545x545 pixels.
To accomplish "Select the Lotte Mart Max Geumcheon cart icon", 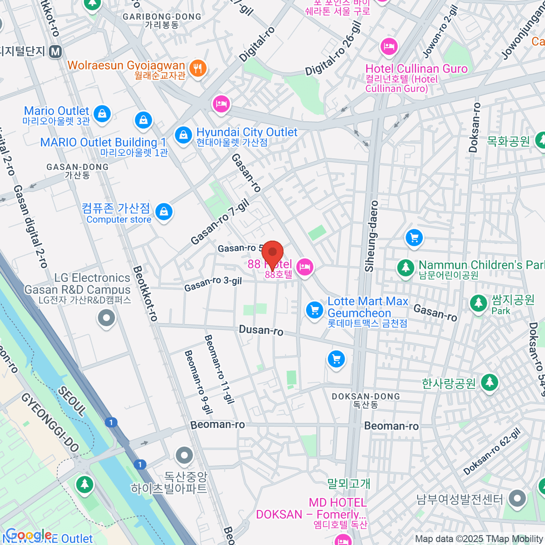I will click(314, 311).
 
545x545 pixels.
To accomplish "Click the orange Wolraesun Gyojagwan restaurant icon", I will click(198, 69).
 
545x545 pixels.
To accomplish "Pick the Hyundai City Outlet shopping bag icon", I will click(183, 135).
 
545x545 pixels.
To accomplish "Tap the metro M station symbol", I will click(56, 52).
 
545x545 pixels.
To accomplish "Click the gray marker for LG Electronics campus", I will click(106, 318).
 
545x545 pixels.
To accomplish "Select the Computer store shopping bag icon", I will click(163, 212).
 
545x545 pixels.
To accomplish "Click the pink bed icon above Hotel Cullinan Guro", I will click(389, 46).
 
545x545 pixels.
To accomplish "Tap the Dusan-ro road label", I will click(261, 330).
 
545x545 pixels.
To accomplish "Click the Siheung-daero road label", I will click(372, 236).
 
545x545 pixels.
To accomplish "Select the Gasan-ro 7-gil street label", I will click(220, 222).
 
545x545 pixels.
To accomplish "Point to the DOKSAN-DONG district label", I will click(366, 396).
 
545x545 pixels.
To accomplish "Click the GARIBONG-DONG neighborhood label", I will click(162, 17).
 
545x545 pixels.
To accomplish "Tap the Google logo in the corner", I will click(28, 535).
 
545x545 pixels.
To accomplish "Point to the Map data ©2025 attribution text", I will click(479, 539).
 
